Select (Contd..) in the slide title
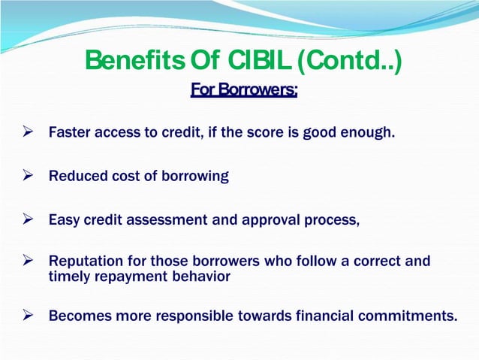click(350, 62)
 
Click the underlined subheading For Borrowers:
click(244, 91)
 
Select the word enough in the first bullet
click(369, 134)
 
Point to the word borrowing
click(194, 177)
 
